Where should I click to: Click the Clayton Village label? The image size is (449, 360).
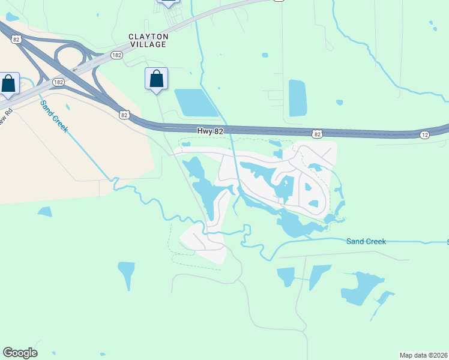pos(148,40)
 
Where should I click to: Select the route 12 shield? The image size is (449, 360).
pos(424,135)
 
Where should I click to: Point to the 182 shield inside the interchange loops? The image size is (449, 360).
pos(58,82)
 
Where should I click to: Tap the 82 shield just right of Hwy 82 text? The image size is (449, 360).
pos(316,134)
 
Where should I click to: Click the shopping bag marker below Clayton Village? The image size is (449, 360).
pos(156,79)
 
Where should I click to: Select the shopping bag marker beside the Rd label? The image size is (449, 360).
pos(8,83)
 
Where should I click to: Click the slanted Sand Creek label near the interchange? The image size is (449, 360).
pos(53,116)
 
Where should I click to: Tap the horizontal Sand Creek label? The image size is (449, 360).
pos(366,241)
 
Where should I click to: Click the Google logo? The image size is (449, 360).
pos(20,353)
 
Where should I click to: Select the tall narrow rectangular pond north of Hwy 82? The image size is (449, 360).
pos(298,98)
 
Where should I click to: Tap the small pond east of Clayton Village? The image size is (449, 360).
pos(265,55)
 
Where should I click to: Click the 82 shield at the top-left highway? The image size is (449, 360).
pos(16,39)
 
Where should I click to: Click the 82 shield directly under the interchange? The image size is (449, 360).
pos(124,114)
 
